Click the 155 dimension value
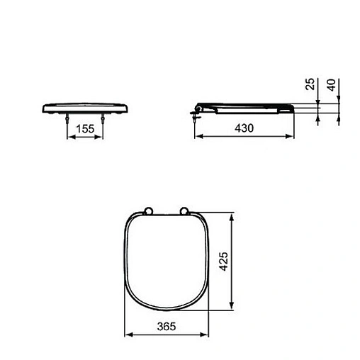pos(84,128)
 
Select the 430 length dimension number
pos(244,128)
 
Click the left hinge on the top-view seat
pos(148,210)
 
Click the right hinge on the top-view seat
pos(185,210)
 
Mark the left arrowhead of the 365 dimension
pos(126,333)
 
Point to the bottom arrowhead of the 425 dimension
pos(231,310)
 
